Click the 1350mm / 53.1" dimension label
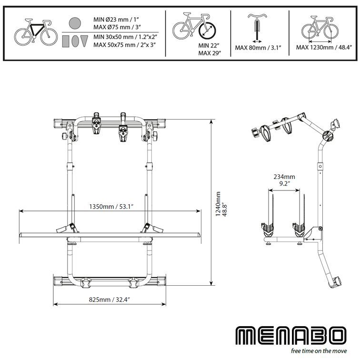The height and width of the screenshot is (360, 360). pos(111,207)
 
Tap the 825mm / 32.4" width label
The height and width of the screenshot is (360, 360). pos(110,300)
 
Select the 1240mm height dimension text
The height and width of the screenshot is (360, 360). pos(218,204)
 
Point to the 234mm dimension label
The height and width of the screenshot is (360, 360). pos(284,177)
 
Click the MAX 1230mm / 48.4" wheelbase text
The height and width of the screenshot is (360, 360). pos(324,48)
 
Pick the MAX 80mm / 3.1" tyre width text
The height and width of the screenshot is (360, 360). pos(258,48)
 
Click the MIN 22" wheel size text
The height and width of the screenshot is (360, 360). pos(209,45)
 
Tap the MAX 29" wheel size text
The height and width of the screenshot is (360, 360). pos(210,53)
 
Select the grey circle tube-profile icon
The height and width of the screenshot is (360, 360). pos(75,22)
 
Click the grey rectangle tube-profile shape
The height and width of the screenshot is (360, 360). pos(66,41)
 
